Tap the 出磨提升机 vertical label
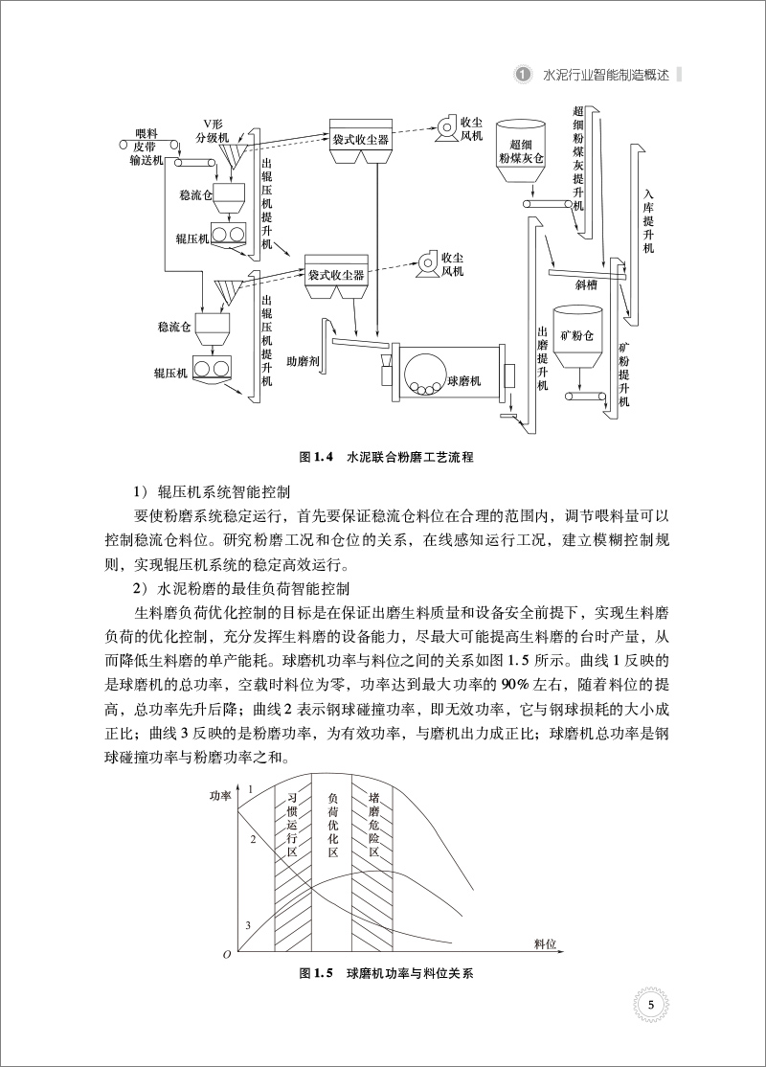coord(542,358)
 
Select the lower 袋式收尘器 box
coord(335,275)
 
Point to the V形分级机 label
coord(212,130)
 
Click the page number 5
coord(650,1005)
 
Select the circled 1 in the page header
coord(523,73)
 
